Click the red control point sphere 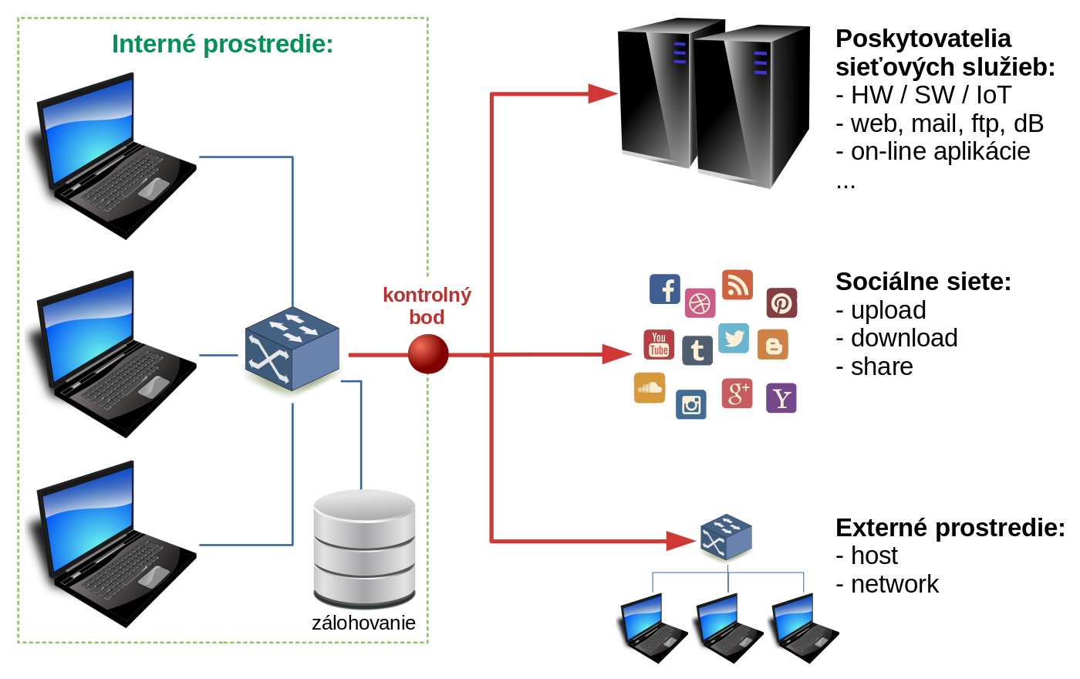pos(428,354)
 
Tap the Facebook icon pos(665,289)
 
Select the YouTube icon pos(659,344)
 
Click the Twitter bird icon pos(734,338)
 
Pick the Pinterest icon pos(781,303)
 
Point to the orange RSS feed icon pos(737,285)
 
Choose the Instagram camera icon pos(691,404)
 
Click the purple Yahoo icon pos(781,398)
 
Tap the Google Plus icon pos(737,394)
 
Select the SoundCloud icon pos(650,387)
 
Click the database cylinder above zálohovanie pos(364,548)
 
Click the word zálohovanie pos(363,623)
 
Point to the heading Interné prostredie pos(222,44)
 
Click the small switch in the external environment pos(726,537)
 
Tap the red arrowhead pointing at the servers pos(602,94)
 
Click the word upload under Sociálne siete pos(888,310)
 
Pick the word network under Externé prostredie pos(894,584)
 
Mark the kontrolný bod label pos(427,306)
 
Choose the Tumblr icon pos(697,350)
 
